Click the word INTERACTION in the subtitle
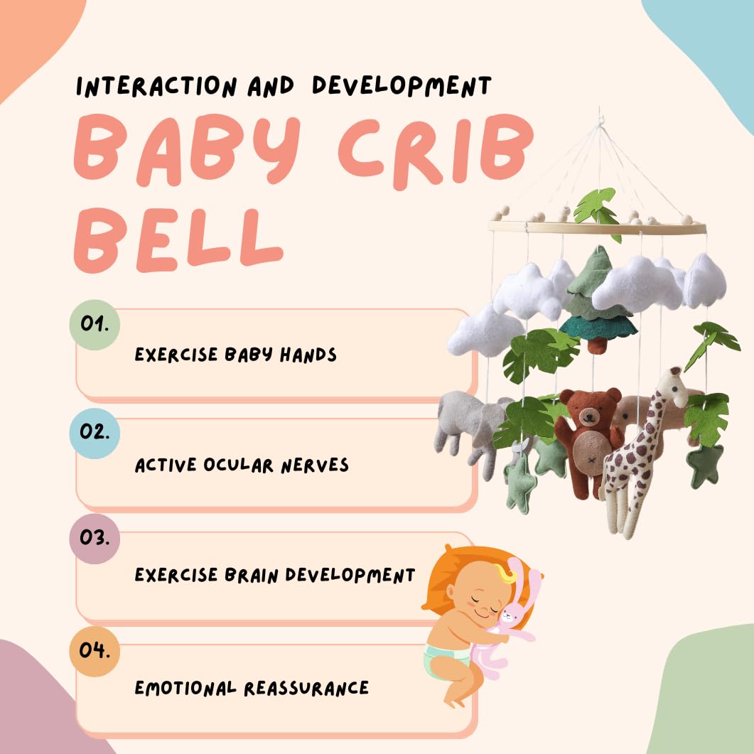pos(156,87)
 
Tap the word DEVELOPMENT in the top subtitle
pos(402,86)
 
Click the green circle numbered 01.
pos(95,325)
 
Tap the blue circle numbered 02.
pos(95,433)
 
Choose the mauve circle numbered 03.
pos(95,538)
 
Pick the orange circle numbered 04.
pos(95,651)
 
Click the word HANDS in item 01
pos(308,355)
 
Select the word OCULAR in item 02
pos(238,465)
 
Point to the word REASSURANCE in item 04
pos(306,688)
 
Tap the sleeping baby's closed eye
pos(476,600)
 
